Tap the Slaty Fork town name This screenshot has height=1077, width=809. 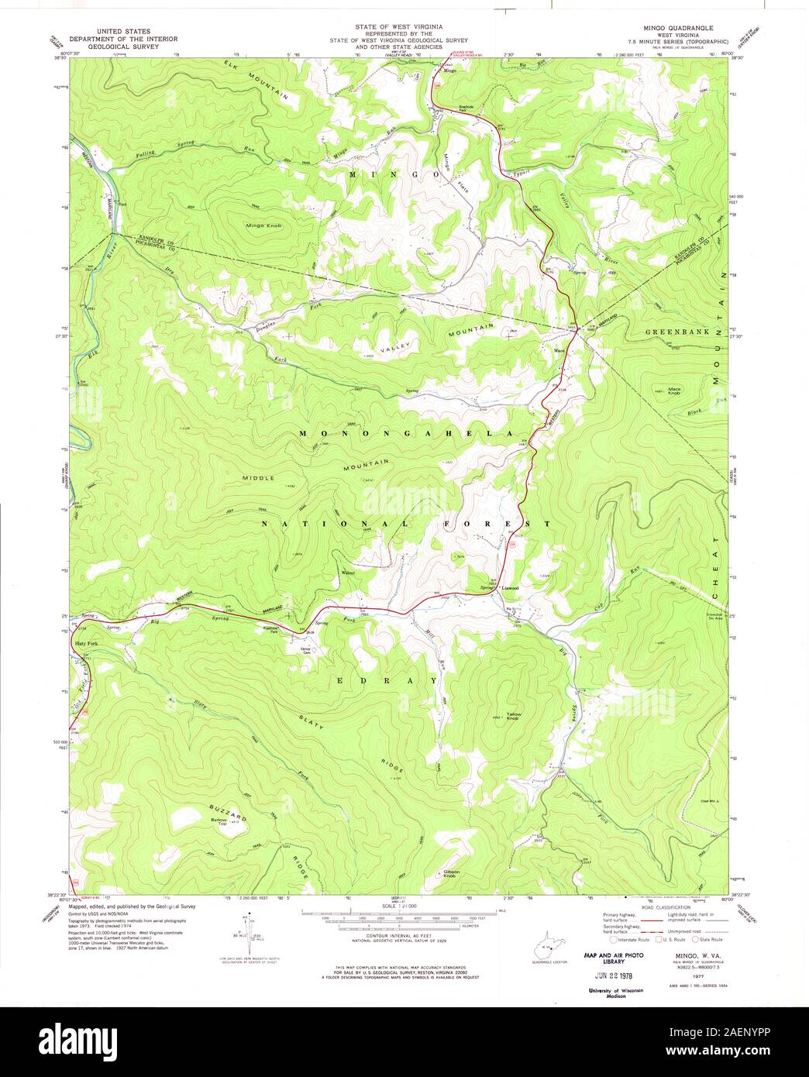point(86,644)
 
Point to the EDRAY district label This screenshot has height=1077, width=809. point(387,680)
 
